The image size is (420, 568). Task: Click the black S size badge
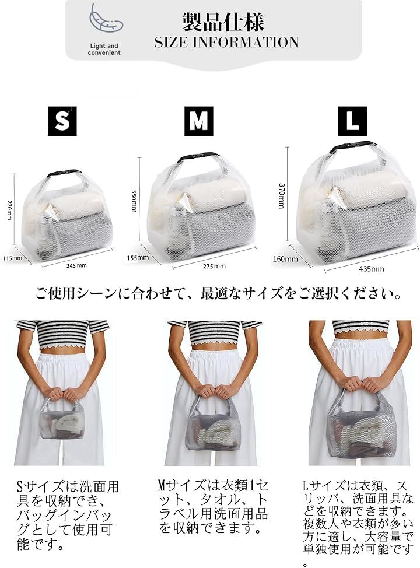pos(62,121)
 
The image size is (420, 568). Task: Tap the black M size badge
pos(198,121)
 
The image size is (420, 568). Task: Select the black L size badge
pos(352,121)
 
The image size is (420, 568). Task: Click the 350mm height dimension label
pos(134,201)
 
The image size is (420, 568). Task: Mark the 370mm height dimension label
pos(282,196)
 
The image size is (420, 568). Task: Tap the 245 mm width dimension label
pos(76,265)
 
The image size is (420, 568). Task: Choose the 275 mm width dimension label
pos(214,267)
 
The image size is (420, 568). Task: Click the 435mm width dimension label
pos(372,269)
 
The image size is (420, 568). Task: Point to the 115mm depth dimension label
pos(12,258)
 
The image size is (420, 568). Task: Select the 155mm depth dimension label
pos(138,258)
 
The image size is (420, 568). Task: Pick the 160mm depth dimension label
pos(285,259)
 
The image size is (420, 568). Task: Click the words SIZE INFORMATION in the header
pos(226,43)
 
